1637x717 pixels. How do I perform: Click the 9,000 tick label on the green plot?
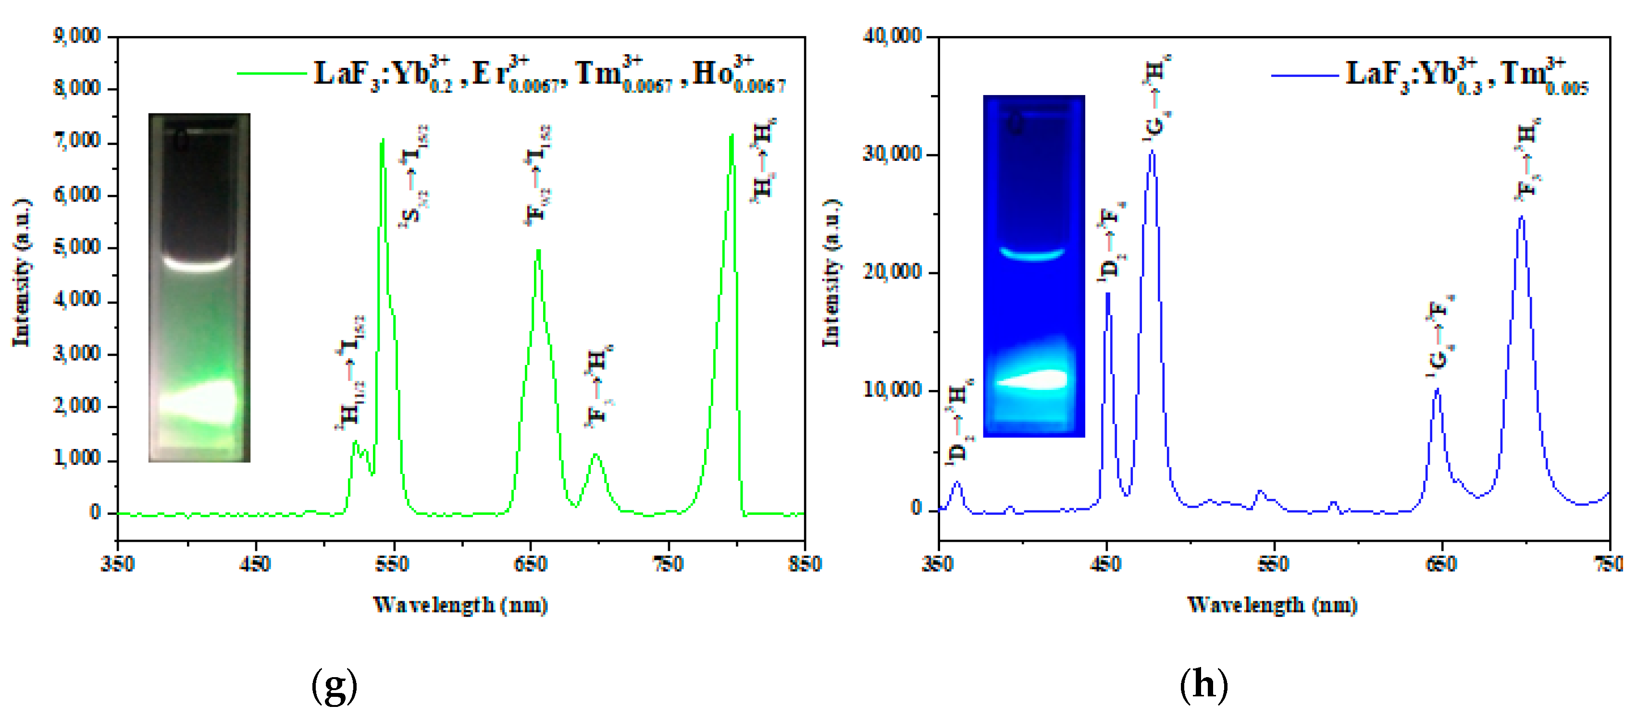pos(76,36)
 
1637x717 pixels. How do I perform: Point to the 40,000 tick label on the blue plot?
pos(892,36)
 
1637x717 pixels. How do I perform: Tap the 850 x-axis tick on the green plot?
pos(805,564)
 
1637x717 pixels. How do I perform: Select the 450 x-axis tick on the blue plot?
pos(1106,564)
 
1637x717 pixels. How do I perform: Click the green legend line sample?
pos(272,73)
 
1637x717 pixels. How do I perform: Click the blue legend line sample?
pos(1304,75)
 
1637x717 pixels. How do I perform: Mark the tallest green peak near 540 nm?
pos(383,141)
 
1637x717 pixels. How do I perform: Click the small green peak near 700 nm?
pos(595,455)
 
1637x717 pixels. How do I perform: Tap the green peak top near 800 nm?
pos(732,136)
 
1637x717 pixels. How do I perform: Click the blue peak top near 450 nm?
pos(1108,294)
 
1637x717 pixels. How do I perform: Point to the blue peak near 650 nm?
pos(1438,390)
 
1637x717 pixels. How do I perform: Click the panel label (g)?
pos(334,685)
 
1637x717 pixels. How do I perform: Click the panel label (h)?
pos(1203,685)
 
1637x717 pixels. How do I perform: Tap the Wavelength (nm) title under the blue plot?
pos(1272,605)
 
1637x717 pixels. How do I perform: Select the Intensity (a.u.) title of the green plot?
pos(22,273)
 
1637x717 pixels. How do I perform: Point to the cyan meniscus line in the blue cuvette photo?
pos(1032,254)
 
